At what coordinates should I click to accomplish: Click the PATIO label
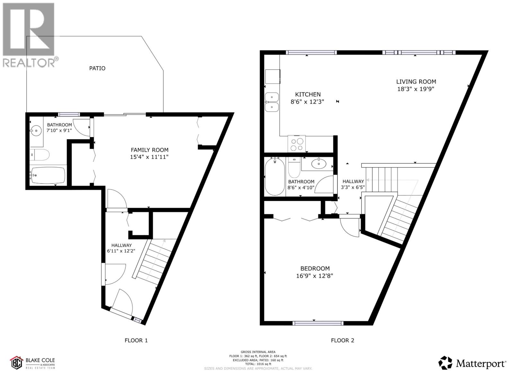click(97, 68)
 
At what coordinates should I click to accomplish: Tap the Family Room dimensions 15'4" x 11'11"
click(149, 157)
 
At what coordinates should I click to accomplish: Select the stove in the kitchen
click(297, 144)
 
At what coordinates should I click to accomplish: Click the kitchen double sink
click(272, 102)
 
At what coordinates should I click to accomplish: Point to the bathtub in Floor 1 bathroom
click(48, 175)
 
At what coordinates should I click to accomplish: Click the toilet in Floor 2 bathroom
click(294, 168)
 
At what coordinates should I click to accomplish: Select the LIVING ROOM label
click(416, 82)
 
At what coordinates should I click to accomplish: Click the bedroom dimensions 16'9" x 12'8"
click(315, 276)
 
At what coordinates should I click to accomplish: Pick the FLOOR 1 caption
click(136, 340)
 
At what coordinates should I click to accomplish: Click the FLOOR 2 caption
click(342, 340)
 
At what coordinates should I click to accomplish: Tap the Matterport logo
click(472, 363)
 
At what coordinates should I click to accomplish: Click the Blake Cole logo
click(32, 363)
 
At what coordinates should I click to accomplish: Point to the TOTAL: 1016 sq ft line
click(258, 364)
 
